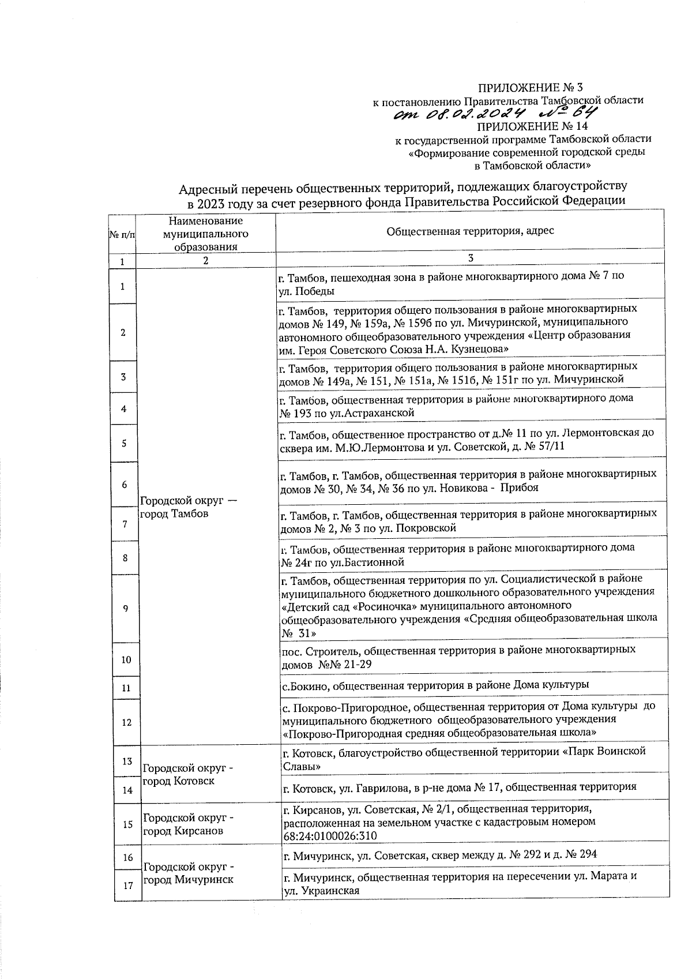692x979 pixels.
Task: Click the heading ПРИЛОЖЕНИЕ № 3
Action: [531, 88]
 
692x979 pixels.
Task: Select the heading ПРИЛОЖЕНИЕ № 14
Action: [533, 126]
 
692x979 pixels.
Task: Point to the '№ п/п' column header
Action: [122, 235]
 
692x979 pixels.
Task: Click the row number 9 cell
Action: [126, 609]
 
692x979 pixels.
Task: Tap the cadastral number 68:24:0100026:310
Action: [331, 836]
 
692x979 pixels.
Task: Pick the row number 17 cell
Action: [127, 886]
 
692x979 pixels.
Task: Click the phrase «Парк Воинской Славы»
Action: [461, 758]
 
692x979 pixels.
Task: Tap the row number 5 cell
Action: [124, 443]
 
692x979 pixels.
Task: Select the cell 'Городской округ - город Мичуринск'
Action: [187, 873]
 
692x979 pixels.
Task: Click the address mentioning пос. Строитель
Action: [458, 657]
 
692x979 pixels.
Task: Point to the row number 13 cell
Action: [127, 762]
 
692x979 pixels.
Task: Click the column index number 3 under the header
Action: [471, 258]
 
